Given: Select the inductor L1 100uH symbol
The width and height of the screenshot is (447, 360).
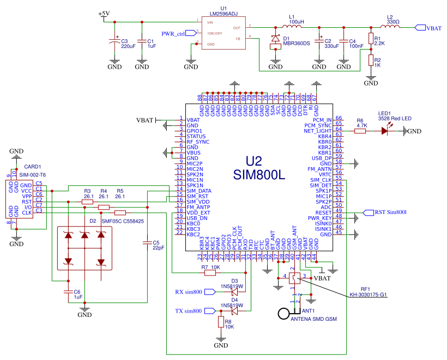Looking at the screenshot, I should point(292,27).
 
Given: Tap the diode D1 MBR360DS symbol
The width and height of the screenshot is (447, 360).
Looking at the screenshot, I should point(275,40).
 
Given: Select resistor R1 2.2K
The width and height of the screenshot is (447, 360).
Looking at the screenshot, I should point(371,39).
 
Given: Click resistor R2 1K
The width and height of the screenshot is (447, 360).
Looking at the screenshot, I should point(371,60).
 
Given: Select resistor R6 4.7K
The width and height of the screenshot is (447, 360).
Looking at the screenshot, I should point(360,131).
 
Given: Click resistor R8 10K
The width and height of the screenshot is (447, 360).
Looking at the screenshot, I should point(221,322).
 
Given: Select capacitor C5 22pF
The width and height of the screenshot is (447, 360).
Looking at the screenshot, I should point(147,243).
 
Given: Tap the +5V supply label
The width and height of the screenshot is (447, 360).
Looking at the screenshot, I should point(104,14).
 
